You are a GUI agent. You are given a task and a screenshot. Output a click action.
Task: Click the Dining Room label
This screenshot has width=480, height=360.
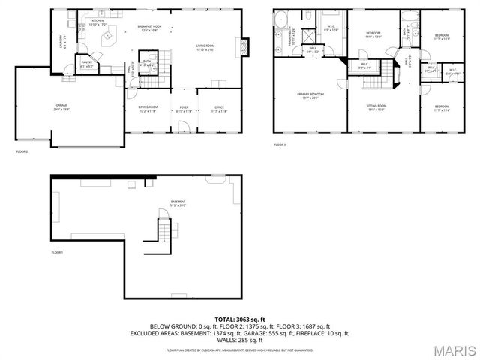(x=147, y=109)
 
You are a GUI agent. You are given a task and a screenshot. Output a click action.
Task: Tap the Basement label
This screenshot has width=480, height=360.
(x=178, y=203)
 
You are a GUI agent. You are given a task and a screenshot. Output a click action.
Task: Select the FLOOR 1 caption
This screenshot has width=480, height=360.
(x=57, y=253)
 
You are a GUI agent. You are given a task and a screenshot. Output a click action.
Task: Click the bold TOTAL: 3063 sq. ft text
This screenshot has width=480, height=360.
(x=240, y=319)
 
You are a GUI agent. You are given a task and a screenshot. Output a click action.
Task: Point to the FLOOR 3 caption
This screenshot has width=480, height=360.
(x=280, y=144)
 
